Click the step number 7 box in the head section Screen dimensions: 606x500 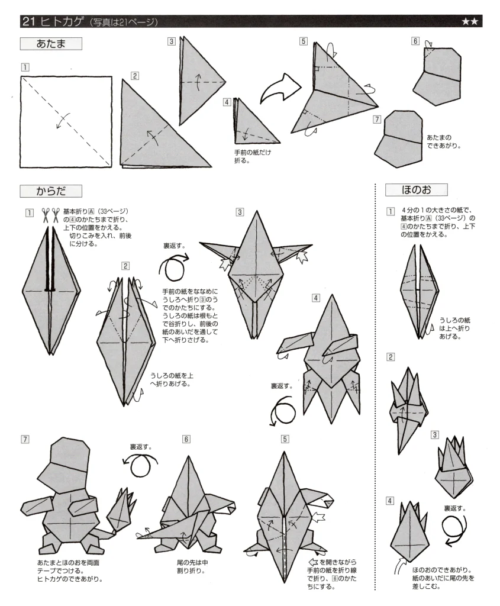[377, 119]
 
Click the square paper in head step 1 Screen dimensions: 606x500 [66, 121]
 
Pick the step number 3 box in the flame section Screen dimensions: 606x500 [435, 435]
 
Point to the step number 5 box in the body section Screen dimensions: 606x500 [285, 439]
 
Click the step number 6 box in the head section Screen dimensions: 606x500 [415, 41]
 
